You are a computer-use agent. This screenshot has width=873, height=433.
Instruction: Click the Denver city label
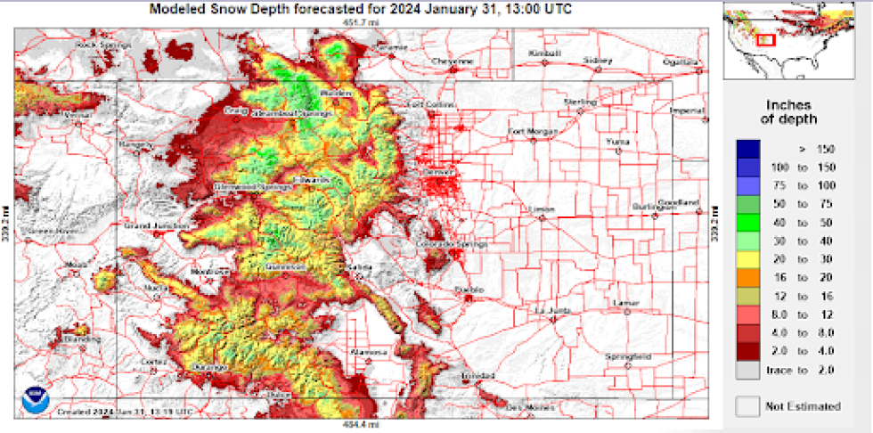440,169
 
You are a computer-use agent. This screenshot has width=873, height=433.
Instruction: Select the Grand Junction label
148,226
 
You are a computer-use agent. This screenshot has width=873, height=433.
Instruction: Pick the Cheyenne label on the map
453,61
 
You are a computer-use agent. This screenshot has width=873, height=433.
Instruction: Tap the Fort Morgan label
532,132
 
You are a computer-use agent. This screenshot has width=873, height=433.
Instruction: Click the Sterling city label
579,102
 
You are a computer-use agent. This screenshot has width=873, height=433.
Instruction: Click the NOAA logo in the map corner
34,399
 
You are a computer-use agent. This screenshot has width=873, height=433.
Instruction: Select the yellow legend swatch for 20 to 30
748,258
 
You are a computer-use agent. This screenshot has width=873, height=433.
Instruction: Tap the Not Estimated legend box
748,406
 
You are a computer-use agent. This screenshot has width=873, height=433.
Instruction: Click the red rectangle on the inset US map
765,39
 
